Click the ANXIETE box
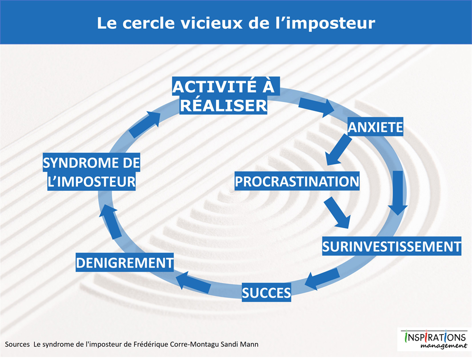(x=375, y=127)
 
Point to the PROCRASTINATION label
(x=297, y=181)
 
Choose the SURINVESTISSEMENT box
(x=392, y=246)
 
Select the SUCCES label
(x=266, y=292)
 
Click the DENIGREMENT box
(x=125, y=262)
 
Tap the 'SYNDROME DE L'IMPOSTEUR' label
(x=92, y=171)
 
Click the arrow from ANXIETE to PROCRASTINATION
(x=338, y=150)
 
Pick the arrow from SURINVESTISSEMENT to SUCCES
(x=322, y=279)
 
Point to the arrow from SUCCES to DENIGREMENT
(x=194, y=282)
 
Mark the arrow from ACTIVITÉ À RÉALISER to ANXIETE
(x=317, y=107)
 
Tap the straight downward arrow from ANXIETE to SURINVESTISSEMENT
(x=397, y=193)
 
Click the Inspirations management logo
(x=434, y=339)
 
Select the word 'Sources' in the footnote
(x=17, y=344)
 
